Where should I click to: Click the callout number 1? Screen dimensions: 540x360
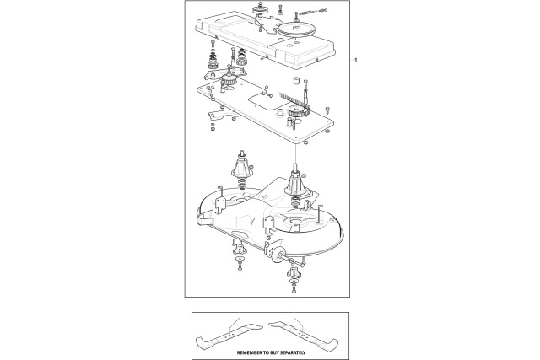[356, 60]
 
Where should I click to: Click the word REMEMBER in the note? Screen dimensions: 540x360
[249, 352]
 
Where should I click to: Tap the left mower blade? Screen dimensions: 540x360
[229, 336]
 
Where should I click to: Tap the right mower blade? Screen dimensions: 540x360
[304, 335]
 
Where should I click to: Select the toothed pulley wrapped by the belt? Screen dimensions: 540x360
[295, 111]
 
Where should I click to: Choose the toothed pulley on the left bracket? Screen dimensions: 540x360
[228, 81]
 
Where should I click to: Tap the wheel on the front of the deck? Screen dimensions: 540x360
[276, 255]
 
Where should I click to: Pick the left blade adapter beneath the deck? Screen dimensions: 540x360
[238, 248]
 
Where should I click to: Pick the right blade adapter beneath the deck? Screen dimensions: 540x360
[293, 274]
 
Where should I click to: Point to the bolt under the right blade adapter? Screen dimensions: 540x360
[294, 291]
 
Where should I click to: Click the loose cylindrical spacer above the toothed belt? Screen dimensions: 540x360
[296, 81]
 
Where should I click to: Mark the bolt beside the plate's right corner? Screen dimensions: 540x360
[327, 110]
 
